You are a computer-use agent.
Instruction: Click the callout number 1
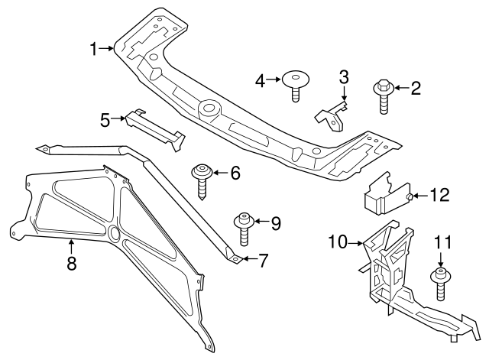coord(93,50)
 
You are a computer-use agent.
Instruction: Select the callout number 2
coord(416,89)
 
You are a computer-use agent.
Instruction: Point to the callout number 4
coord(260,79)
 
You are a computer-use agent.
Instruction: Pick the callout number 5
coord(105,118)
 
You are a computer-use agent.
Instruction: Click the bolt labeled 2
coord(382,98)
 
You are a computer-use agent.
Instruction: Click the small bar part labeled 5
coord(155,127)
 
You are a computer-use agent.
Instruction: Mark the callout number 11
coord(440,243)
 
